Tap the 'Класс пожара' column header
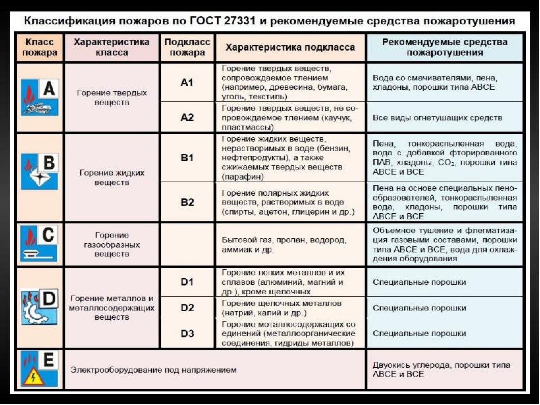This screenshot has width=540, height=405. point(40,47)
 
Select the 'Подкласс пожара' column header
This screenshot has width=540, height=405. point(187,47)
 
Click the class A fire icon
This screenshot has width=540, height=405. point(39,98)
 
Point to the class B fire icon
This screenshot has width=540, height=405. point(39,171)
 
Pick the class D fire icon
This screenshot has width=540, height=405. point(39,307)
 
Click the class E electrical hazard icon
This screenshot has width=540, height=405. point(39,369)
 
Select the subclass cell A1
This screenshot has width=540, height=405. point(187,82)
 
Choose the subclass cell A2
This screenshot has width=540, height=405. point(187,117)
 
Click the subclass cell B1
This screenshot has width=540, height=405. point(187,158)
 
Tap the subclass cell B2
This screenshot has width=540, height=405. point(187,202)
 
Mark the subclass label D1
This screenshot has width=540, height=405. point(187,281)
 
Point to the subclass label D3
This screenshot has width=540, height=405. point(187,333)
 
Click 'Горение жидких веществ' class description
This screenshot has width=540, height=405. point(112,178)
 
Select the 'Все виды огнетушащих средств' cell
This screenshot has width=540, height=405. point(437,118)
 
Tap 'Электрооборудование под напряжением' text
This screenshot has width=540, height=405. point(154,370)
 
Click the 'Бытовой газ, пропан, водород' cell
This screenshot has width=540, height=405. point(284,245)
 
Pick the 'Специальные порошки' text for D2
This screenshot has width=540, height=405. point(419,308)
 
